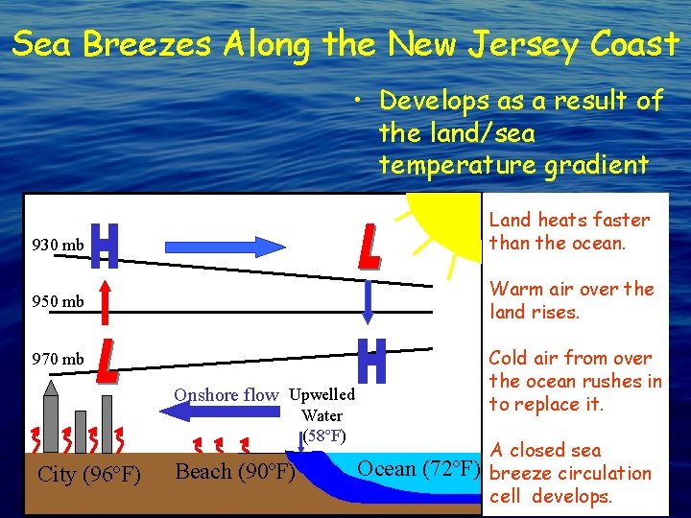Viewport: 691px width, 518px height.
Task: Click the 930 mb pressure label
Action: coord(59,245)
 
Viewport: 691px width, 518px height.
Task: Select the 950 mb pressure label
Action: coord(59,301)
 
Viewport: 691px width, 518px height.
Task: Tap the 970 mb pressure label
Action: coord(59,359)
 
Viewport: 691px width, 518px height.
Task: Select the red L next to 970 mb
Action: coord(107,358)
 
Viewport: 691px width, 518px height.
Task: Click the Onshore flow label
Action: coord(226,394)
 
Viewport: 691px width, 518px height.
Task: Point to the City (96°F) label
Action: coord(89,475)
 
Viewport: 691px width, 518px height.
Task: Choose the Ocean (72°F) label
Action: coord(417,468)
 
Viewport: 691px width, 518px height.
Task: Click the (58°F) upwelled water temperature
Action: coord(323,436)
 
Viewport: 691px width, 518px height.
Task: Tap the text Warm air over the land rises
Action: coord(571,300)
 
